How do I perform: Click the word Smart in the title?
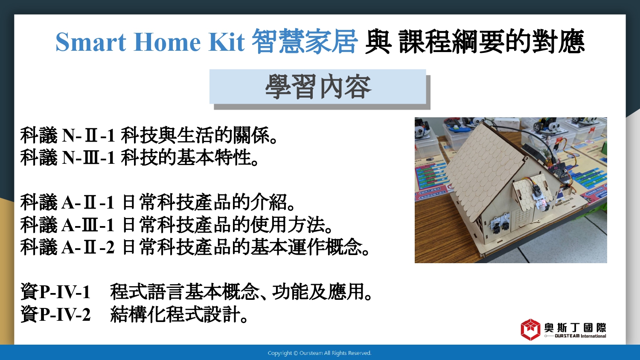click(91, 42)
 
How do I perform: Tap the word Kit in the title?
click(227, 42)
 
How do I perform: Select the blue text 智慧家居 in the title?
click(305, 42)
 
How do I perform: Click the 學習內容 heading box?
click(318, 87)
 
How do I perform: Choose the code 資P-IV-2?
click(55, 314)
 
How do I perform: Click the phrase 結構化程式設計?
click(175, 314)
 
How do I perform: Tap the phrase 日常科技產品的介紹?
click(204, 203)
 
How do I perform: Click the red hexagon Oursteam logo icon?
click(531, 330)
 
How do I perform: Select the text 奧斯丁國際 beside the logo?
click(575, 328)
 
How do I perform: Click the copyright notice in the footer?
click(320, 353)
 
